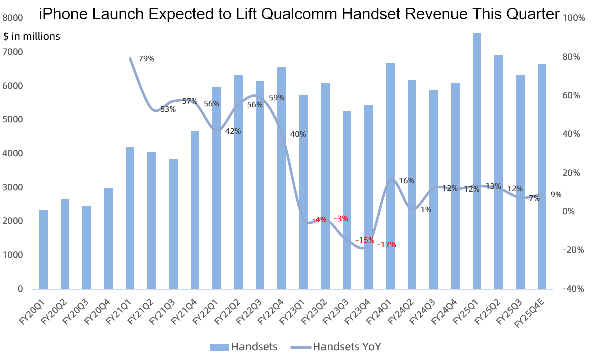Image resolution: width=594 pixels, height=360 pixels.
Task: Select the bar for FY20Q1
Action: pyautogui.click(x=43, y=249)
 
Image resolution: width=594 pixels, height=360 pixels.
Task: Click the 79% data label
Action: pyautogui.click(x=146, y=59)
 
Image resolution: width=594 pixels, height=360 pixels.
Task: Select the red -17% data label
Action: pyautogui.click(x=387, y=245)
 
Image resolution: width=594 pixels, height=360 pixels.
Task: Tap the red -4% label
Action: pyautogui.click(x=319, y=220)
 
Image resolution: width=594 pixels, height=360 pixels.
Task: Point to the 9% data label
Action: pyautogui.click(x=556, y=195)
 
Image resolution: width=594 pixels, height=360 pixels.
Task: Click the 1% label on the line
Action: pyautogui.click(x=426, y=210)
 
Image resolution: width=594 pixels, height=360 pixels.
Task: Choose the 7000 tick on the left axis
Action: pyautogui.click(x=13, y=52)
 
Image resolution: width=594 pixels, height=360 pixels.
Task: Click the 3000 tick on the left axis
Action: pyautogui.click(x=13, y=187)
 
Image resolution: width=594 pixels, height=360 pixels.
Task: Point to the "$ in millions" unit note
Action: pyautogui.click(x=32, y=36)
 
